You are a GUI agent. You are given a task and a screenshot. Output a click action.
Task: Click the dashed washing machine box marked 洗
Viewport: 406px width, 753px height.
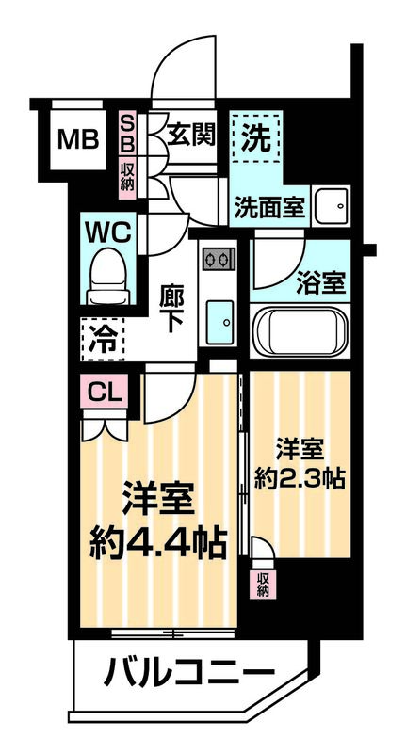point(256,138)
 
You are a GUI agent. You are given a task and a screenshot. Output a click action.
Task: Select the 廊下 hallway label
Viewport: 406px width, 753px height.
point(171,308)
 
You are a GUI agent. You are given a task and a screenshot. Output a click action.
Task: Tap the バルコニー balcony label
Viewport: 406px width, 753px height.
point(188,674)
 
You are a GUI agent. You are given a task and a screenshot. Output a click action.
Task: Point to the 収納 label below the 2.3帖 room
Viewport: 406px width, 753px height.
point(262,584)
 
